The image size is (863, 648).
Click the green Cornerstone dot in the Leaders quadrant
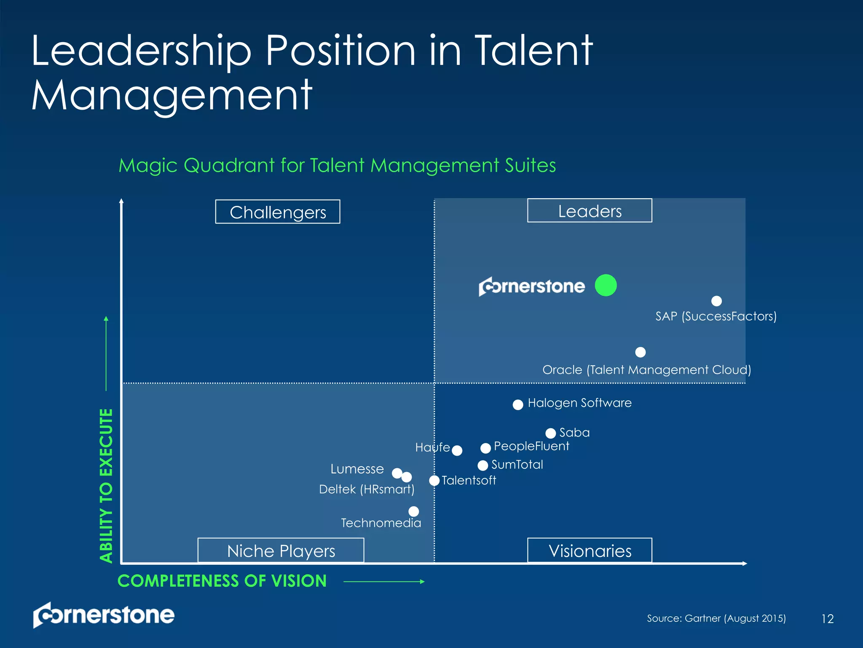click(x=606, y=285)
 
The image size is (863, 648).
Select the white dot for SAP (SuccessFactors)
click(x=716, y=301)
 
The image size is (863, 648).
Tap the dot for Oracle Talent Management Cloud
click(x=640, y=352)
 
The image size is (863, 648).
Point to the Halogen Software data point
click(x=518, y=405)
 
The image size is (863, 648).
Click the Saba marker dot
click(x=550, y=433)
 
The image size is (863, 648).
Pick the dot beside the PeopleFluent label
click(x=485, y=448)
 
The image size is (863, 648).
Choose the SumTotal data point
click(x=483, y=465)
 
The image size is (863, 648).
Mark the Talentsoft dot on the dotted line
click(x=434, y=481)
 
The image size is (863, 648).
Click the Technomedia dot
click(x=414, y=511)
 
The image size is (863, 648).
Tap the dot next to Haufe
click(x=457, y=451)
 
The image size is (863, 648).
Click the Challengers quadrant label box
click(x=278, y=212)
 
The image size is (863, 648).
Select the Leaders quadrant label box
click(x=590, y=211)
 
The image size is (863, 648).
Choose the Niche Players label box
click(x=281, y=551)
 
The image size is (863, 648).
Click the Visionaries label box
click(x=590, y=551)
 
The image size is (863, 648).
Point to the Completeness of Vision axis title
click(x=222, y=581)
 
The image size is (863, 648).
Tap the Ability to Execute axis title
click(x=106, y=485)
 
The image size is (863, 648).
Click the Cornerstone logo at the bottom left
click(x=104, y=615)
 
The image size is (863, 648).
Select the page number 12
click(x=827, y=619)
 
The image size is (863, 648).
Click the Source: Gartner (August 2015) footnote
click(x=716, y=618)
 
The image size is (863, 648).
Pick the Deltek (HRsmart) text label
click(x=367, y=489)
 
